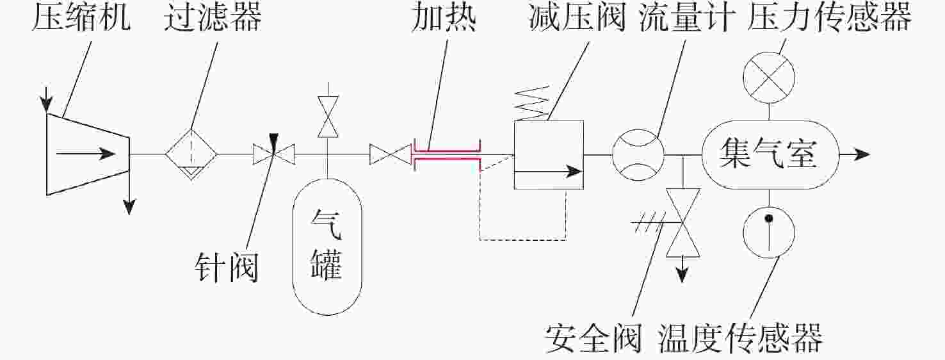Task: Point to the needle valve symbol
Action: coord(274,154)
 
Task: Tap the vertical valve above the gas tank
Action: coord(328,117)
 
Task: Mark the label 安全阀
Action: coord(593,338)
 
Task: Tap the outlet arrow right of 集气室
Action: coord(855,154)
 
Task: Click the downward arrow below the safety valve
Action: coord(682,270)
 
